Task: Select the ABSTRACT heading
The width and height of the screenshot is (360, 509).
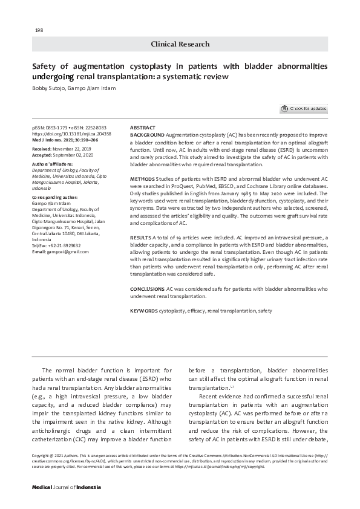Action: tap(143, 128)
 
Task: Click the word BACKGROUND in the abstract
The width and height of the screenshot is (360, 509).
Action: tap(147, 135)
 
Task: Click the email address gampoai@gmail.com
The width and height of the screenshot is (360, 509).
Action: tap(64, 268)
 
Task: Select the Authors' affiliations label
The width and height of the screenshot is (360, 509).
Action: tap(52, 164)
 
